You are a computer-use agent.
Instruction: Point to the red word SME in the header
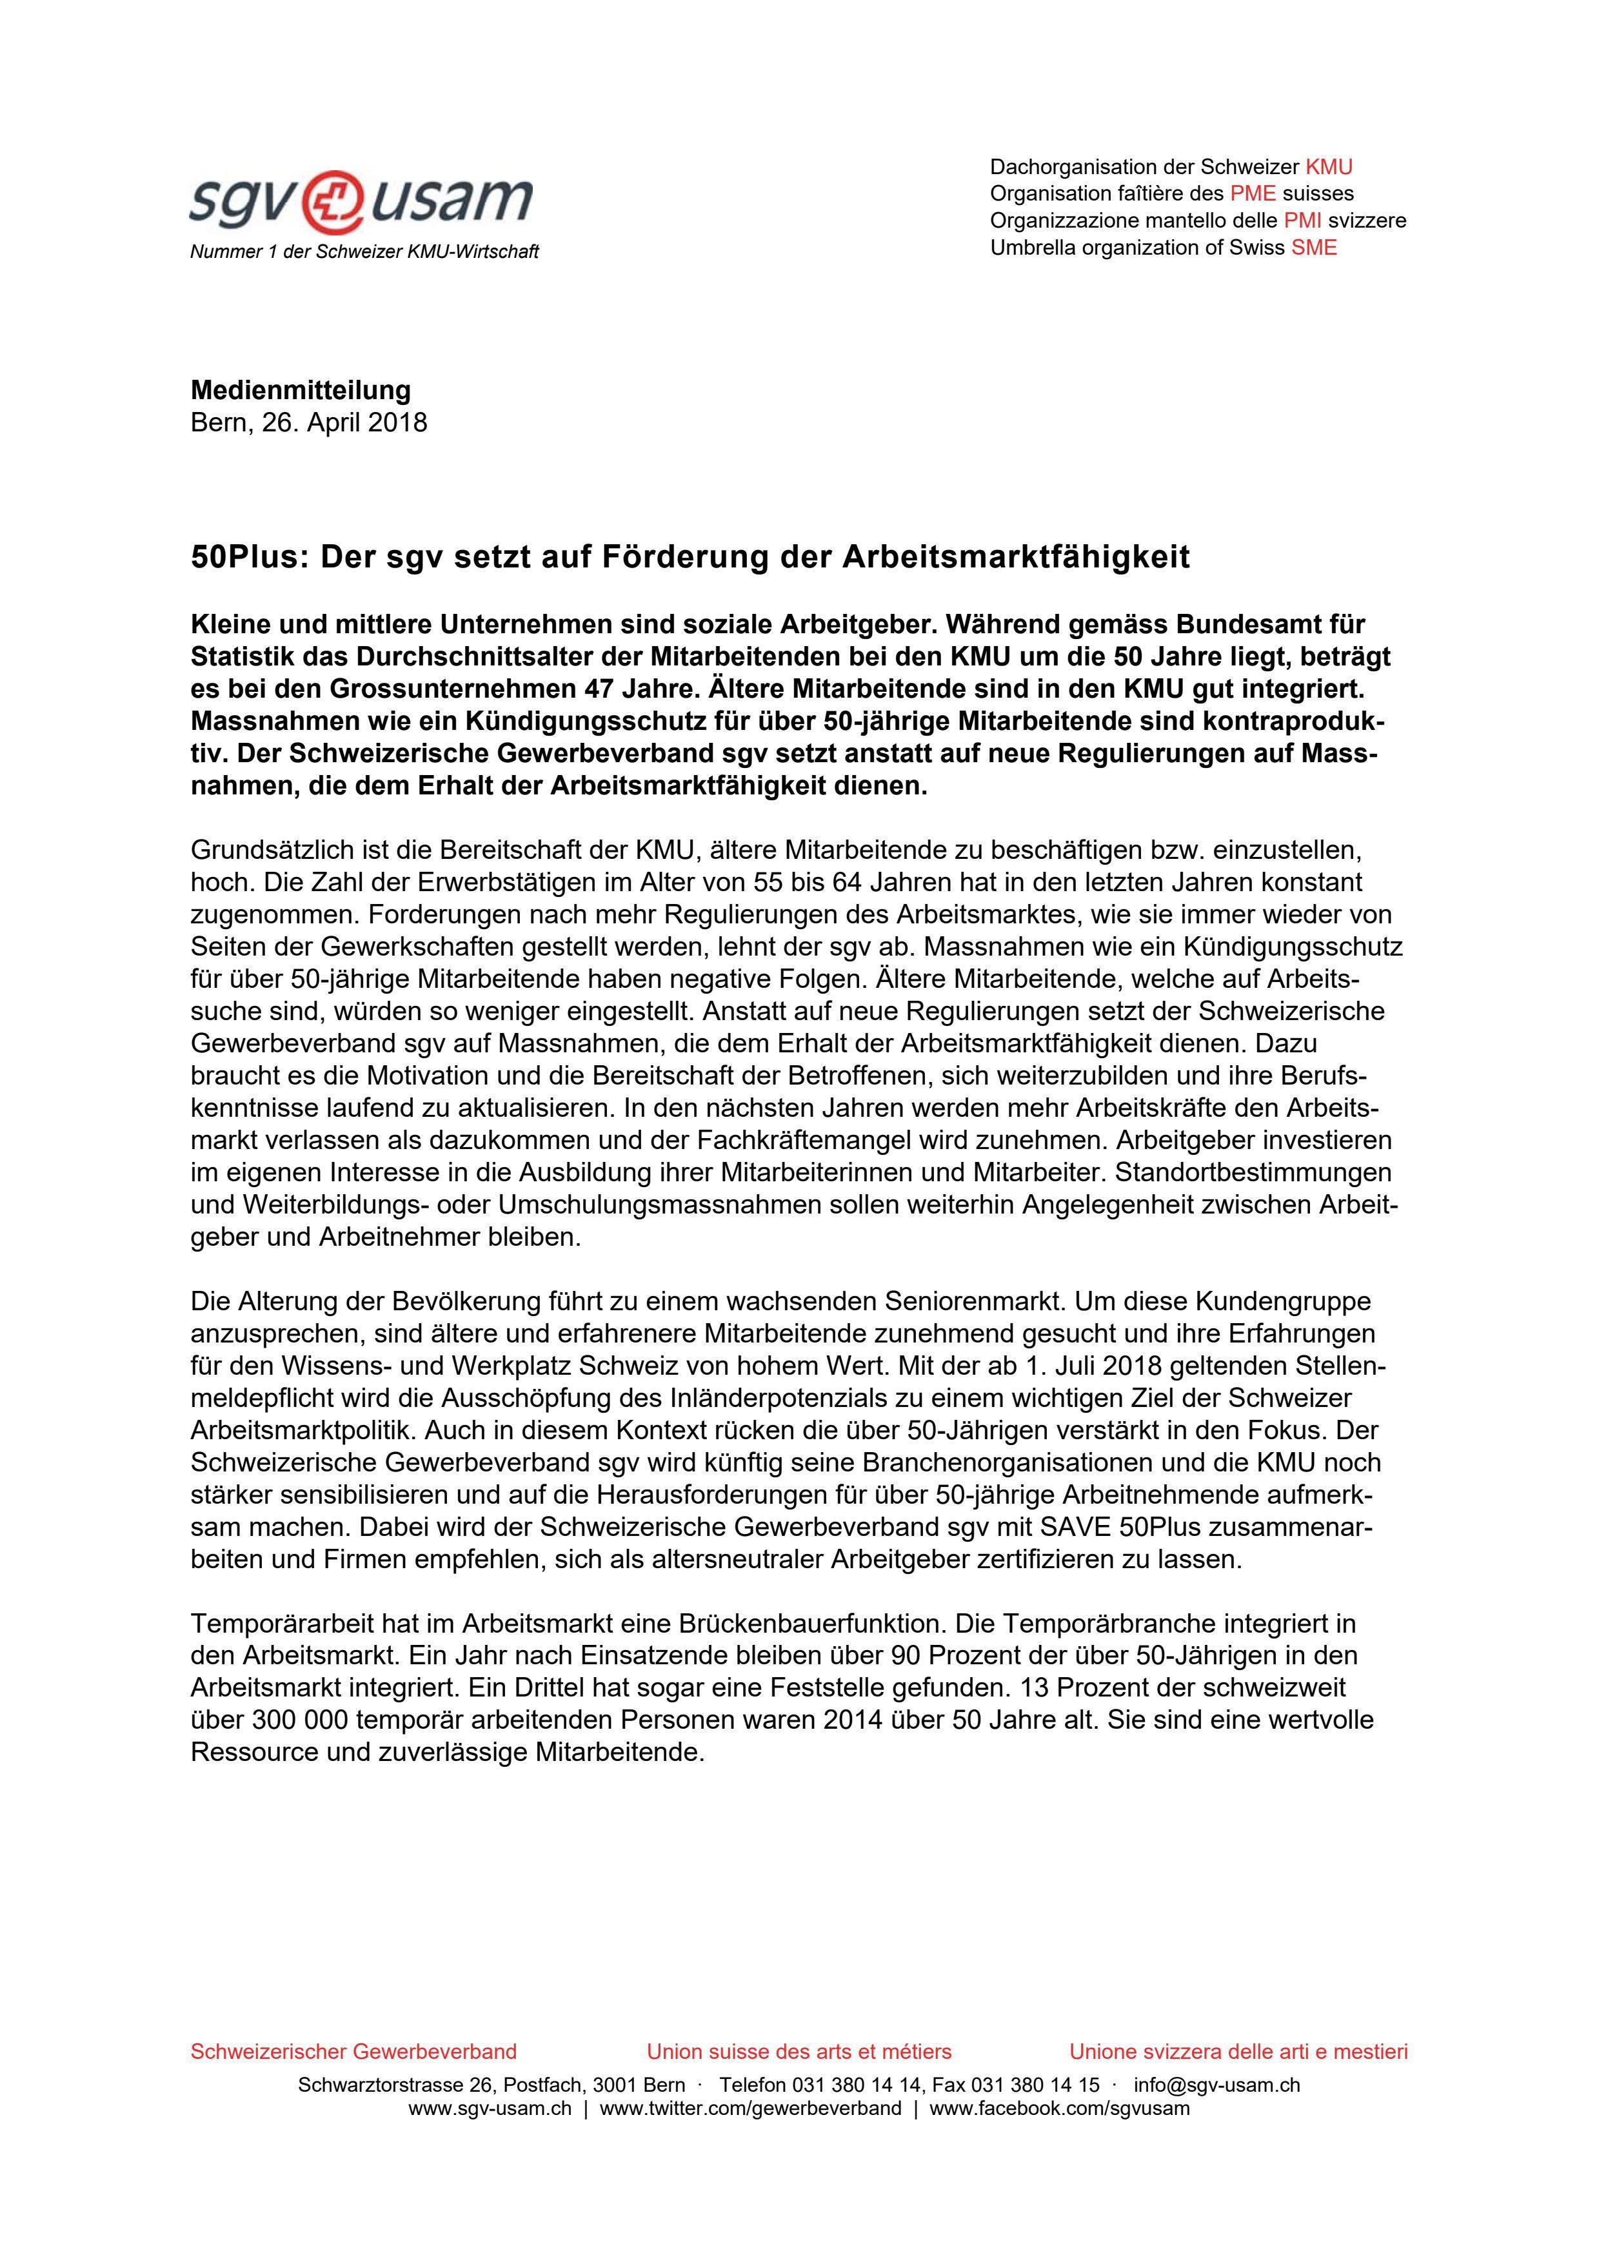tap(1315, 247)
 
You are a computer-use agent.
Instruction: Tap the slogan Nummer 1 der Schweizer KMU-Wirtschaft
tap(364, 252)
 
